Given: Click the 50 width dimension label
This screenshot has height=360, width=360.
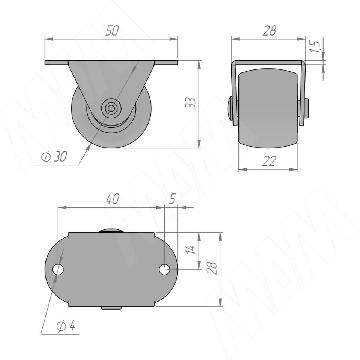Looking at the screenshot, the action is coord(112,31).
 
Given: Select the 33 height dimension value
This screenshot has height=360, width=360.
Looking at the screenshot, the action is coord(191,103).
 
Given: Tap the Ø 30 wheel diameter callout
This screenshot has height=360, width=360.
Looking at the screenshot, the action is coord(54,157).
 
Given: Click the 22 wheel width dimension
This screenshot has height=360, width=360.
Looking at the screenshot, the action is coord(269,161).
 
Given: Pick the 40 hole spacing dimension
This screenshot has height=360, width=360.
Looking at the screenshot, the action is coord(112,199).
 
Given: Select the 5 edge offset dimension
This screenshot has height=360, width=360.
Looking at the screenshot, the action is coord(172,199).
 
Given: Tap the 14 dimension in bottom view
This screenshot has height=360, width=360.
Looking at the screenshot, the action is coord(191,249).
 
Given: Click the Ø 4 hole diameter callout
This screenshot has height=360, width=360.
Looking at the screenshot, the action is coord(66,326).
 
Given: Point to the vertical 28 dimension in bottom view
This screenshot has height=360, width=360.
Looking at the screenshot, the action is coord(211,268).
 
